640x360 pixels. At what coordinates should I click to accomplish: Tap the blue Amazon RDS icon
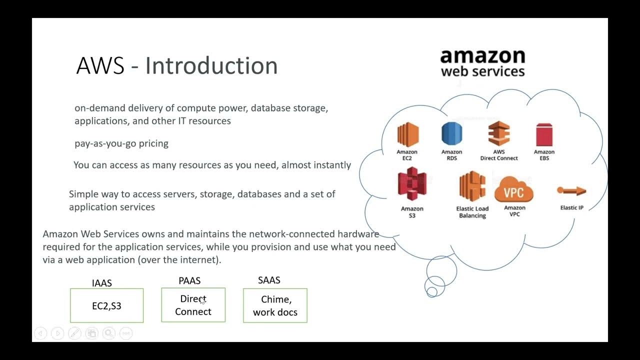(x=451, y=134)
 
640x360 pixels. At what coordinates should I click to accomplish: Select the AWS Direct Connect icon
(x=498, y=133)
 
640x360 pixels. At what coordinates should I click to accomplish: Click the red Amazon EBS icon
(x=544, y=135)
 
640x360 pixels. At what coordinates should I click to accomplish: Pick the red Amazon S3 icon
(x=412, y=184)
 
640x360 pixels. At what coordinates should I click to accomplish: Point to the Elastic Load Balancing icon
(x=472, y=186)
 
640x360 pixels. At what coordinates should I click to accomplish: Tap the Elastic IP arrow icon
(x=571, y=190)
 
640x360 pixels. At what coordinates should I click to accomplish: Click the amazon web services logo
(x=482, y=62)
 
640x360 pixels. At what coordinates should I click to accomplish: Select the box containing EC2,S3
(x=106, y=305)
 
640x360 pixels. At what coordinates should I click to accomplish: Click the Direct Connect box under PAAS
(x=193, y=305)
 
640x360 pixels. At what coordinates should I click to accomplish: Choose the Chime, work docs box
(x=275, y=305)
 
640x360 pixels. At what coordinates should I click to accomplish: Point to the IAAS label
(x=102, y=283)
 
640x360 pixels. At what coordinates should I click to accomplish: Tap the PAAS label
(x=189, y=281)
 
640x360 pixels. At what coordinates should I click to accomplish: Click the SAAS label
(x=269, y=280)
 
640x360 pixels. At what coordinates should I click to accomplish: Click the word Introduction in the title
(x=211, y=66)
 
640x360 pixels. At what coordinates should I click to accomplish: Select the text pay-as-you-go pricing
(x=121, y=143)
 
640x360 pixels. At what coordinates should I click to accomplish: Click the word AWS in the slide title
(x=100, y=66)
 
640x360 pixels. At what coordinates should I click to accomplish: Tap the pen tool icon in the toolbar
(x=74, y=333)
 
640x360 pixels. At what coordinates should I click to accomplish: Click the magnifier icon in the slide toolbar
(x=108, y=333)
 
